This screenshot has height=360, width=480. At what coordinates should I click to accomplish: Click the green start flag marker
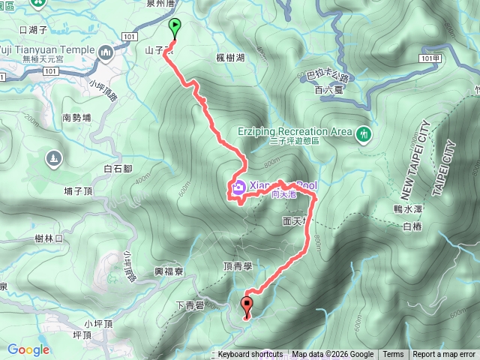(x=175, y=28)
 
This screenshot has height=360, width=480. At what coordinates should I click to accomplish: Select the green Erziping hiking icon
(x=364, y=133)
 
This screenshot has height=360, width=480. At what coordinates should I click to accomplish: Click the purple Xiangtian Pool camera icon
(x=238, y=187)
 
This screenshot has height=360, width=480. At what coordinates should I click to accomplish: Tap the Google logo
(x=28, y=349)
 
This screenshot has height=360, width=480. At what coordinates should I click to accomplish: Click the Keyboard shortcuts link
(x=250, y=355)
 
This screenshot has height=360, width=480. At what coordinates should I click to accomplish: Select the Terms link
(x=393, y=355)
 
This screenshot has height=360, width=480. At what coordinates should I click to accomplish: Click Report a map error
(x=444, y=355)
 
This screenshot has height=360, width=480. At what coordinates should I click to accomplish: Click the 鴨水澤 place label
(x=408, y=209)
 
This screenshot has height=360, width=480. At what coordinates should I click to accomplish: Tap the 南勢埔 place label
(x=76, y=118)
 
